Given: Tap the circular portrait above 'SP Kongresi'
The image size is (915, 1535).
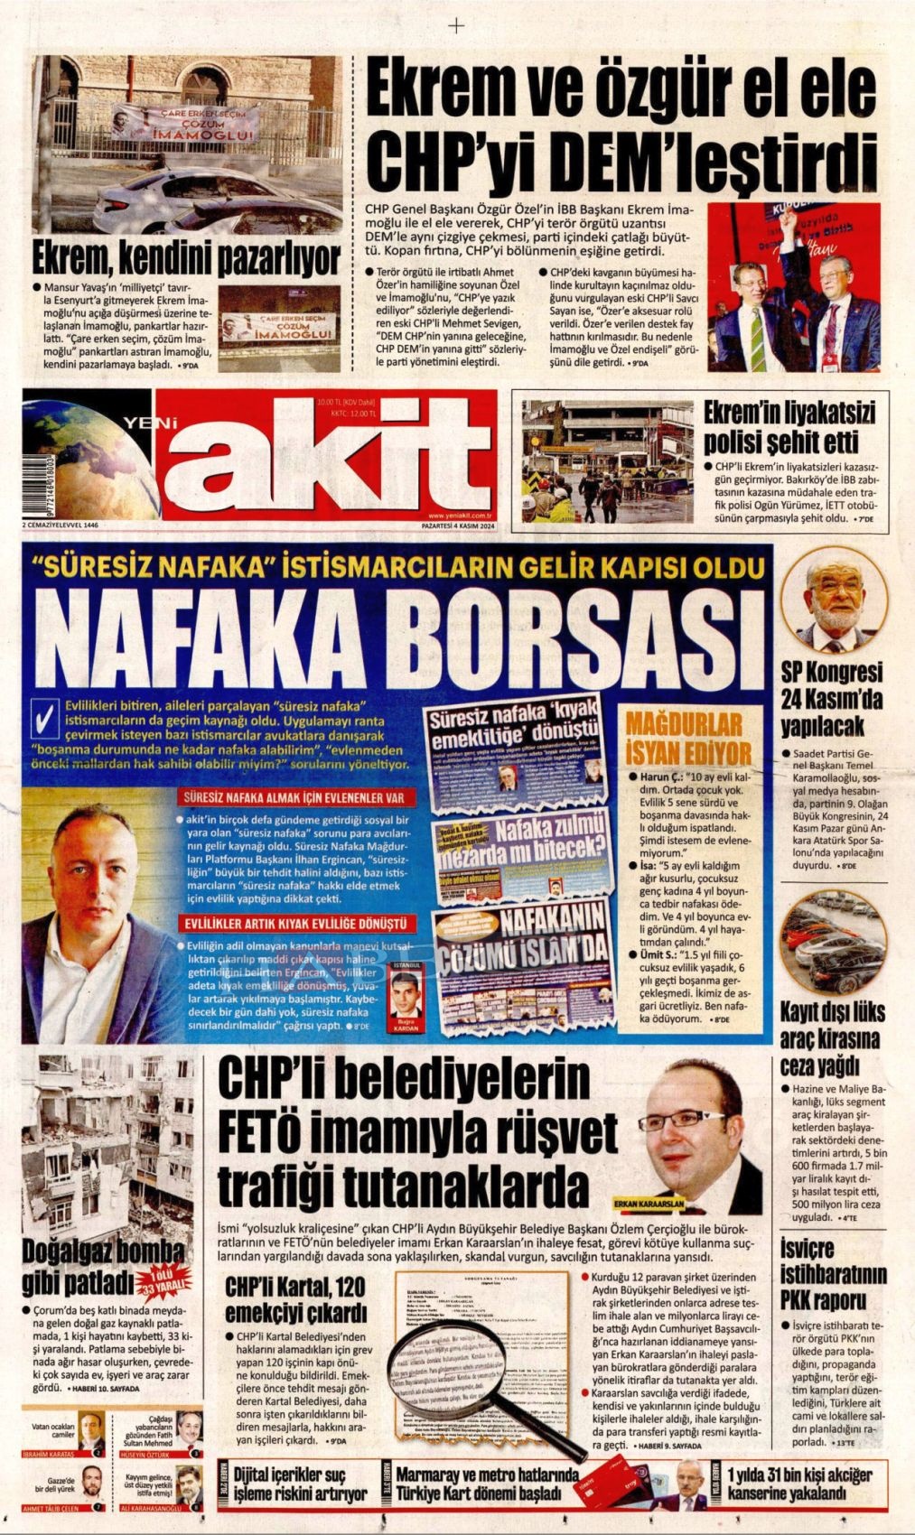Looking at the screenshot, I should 833,600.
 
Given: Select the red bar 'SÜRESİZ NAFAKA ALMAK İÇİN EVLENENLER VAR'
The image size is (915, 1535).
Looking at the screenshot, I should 287,798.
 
